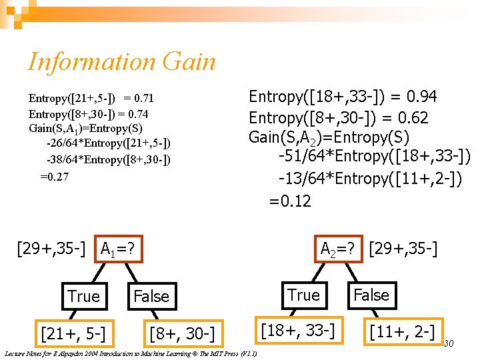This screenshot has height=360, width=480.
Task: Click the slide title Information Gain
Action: [122, 62]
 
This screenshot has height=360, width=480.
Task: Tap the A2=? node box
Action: [341, 249]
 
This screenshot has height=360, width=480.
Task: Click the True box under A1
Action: [83, 296]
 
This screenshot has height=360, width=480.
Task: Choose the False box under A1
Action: [151, 296]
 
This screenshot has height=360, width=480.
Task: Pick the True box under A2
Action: [303, 295]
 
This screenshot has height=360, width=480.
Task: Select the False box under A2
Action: [371, 295]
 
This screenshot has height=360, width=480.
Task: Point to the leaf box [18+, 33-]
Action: [296, 330]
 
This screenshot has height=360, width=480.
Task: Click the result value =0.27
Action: [54, 177]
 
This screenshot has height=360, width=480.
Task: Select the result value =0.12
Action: [290, 201]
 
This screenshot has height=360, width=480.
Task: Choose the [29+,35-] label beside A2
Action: [403, 249]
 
